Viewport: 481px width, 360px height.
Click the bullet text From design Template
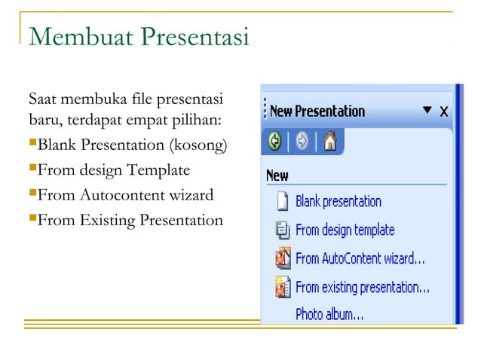pos(113,169)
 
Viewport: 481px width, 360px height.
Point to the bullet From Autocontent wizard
pos(125,195)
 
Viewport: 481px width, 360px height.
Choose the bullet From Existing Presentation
pos(130,220)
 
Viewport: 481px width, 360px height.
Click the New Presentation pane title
pos(317,111)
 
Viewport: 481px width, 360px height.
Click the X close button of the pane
pos(444,111)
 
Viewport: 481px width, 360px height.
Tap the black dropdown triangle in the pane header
pos(427,111)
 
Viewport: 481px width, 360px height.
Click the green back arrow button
pos(276,142)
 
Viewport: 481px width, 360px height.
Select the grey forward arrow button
pos(302,142)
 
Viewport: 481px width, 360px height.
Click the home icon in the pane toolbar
pos(329,142)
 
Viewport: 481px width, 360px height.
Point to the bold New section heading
pos(277,175)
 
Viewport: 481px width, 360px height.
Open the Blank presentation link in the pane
pos(338,202)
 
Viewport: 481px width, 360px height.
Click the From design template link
pos(345,230)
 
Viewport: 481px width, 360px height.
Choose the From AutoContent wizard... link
pos(360,258)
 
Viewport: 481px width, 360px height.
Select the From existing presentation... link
pos(362,287)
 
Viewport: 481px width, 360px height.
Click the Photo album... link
pos(329,314)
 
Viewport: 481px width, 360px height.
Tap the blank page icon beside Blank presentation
pos(282,202)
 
